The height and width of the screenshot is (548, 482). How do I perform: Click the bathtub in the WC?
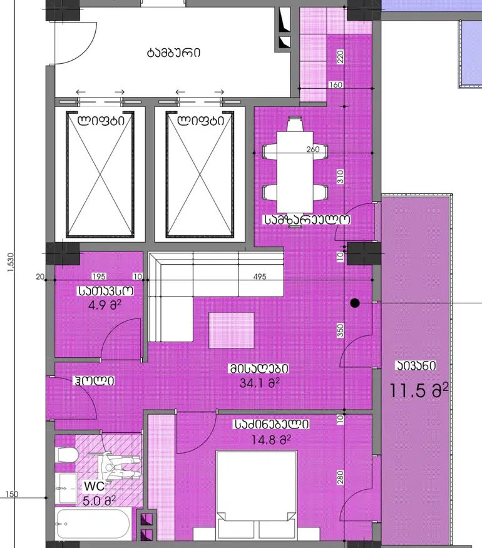coord(93,524)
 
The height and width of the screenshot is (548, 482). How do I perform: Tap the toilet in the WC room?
coord(66,455)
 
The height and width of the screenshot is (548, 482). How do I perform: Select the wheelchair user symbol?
coord(120,469)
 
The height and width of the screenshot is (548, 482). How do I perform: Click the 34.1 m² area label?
coord(260,383)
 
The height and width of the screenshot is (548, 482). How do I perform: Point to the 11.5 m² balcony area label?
coord(419,390)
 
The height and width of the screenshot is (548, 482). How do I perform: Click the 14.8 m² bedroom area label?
coord(271,439)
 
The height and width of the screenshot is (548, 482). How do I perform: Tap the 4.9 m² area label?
coord(105,305)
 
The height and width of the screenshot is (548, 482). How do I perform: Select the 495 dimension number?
coord(260,277)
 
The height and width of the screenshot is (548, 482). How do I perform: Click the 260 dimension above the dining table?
coord(313,150)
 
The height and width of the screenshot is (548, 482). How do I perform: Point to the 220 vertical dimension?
coord(340,57)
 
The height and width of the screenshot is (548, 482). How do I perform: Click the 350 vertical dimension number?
coord(340,331)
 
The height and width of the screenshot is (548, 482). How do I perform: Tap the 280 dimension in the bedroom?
coord(340,477)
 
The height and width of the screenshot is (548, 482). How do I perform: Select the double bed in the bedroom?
coord(257,500)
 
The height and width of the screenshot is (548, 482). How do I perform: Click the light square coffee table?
coord(232,330)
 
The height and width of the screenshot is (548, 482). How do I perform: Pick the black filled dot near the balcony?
coord(355,303)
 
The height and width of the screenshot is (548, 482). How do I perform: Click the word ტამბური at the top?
coord(173,53)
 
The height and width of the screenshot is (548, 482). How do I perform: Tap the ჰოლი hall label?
coord(93,380)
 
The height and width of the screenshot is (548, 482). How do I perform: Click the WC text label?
coord(94,486)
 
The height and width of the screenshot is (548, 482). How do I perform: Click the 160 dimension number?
coord(336,84)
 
